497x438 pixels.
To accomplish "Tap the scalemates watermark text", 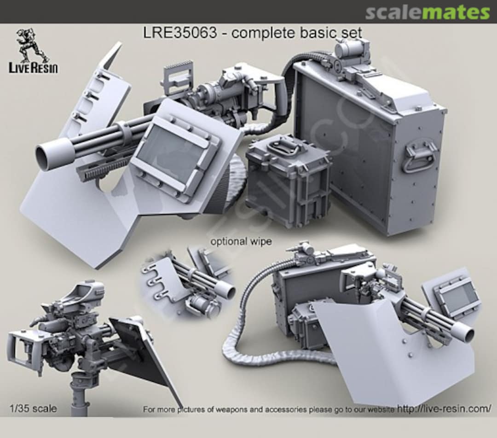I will point(428,12).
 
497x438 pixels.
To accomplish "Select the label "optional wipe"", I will point(241,241).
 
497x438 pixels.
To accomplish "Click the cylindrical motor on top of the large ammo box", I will point(352,48).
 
